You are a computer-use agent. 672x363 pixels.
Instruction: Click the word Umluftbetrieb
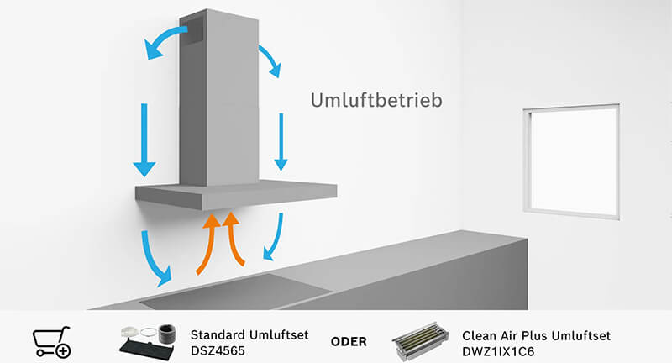(376, 100)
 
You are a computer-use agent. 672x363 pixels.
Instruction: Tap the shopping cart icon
(51, 341)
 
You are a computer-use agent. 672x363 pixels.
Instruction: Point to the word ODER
(349, 342)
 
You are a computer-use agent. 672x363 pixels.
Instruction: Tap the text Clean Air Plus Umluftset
(536, 335)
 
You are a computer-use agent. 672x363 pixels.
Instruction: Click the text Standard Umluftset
(249, 334)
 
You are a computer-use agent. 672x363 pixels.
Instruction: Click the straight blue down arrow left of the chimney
(144, 139)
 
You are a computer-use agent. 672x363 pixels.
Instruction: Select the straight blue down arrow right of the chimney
(282, 139)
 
